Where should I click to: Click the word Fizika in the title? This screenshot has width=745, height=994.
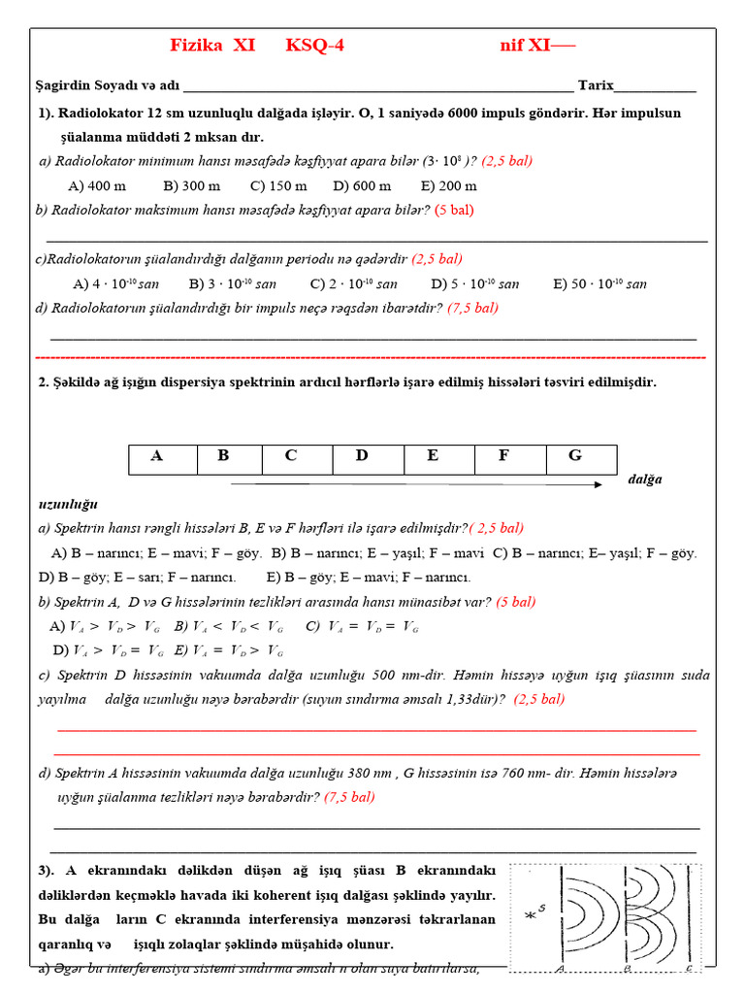coord(196,46)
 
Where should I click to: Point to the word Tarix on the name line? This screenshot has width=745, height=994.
coord(596,85)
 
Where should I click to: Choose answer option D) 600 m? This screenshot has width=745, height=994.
coord(362,185)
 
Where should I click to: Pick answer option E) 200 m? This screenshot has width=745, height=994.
coord(448,185)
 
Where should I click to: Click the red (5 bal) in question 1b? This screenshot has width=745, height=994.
coord(454,209)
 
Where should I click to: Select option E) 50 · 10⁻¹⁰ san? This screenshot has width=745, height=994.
coord(599,284)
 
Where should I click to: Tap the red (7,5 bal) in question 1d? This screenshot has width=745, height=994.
coord(472,308)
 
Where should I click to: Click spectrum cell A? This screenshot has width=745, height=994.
coord(157,456)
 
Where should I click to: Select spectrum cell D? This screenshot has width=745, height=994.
coord(362,456)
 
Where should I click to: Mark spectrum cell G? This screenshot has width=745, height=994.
coord(575,456)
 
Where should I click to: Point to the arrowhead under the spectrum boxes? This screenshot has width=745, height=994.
coord(598,483)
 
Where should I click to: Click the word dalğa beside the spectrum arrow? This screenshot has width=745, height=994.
coord(644,480)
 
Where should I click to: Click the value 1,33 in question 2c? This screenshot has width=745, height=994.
coord(449,699)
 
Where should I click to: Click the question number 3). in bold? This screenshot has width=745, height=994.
coord(49,871)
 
